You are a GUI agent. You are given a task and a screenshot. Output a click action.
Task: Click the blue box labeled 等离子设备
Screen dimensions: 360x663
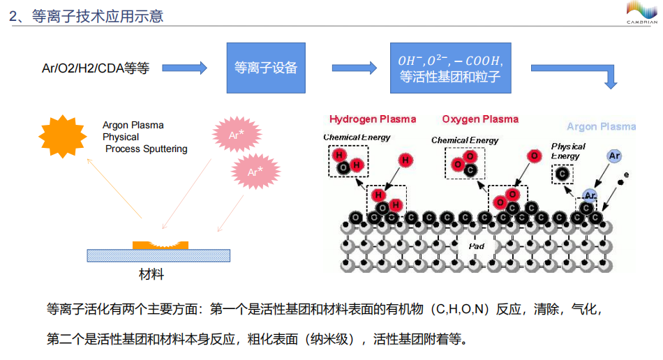coord(266,68)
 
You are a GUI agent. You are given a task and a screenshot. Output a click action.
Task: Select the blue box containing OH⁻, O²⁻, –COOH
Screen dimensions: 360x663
coord(450,68)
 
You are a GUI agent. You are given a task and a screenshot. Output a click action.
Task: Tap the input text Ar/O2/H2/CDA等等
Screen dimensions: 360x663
coord(96,68)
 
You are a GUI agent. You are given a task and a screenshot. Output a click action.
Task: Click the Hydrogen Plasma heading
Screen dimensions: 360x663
coord(373,119)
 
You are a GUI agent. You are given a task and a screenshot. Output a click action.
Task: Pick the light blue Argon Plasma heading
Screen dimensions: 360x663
coord(601,127)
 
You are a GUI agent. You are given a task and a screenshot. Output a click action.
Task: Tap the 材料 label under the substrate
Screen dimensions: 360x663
coord(151,274)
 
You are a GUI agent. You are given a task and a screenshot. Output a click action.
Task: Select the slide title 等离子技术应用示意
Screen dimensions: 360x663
coord(87,15)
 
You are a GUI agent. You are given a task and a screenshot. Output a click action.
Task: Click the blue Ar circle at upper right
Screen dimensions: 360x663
coord(614,156)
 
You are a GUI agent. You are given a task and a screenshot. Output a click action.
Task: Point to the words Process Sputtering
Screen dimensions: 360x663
coord(147,149)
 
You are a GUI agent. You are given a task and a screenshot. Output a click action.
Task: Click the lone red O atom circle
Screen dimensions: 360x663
coord(534,156)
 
